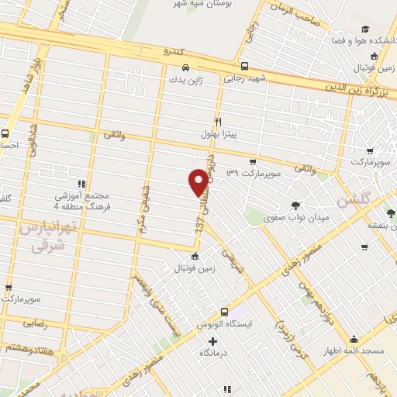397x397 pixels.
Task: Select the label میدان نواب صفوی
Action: [296, 218]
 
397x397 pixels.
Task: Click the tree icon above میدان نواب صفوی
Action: [295, 205]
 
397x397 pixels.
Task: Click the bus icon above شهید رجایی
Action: [245, 66]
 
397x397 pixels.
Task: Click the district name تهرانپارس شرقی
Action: [33, 237]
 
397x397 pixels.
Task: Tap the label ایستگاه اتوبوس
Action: [224, 323]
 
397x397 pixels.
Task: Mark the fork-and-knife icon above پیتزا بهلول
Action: [219, 122]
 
